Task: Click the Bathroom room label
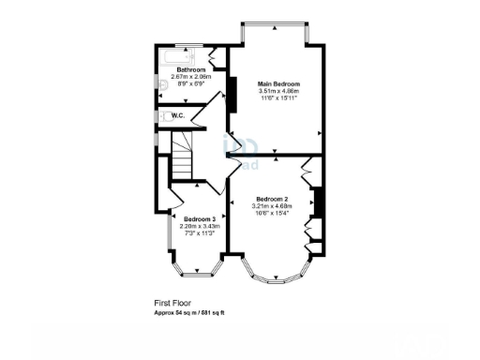pos(192,69)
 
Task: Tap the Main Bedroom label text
pos(279,84)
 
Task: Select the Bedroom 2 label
pos(272,199)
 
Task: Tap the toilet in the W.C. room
pos(166,116)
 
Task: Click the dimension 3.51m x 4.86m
pos(279,91)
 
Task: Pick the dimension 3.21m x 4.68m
pos(272,205)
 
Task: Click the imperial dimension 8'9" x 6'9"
pos(192,82)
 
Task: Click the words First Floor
pos(173,303)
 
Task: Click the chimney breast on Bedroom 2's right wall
pos(318,202)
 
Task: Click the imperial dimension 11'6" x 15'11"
pos(279,97)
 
